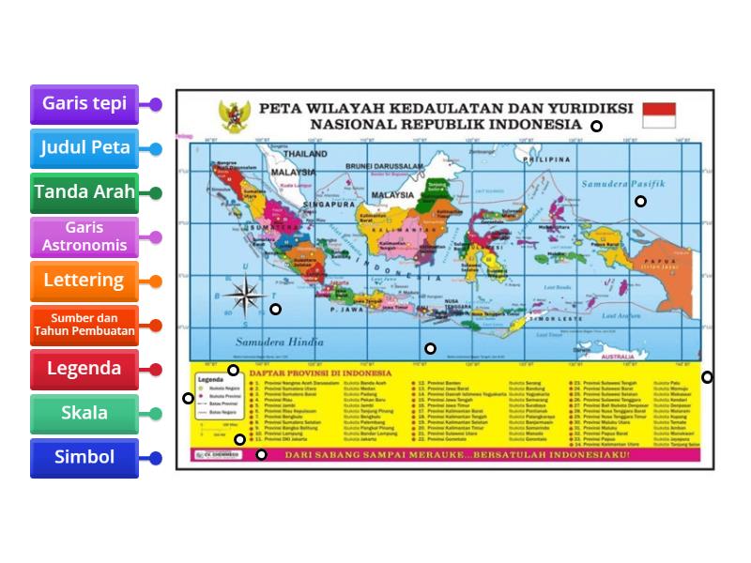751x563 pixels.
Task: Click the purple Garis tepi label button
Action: coord(84,104)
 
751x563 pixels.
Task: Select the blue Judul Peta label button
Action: coord(84,148)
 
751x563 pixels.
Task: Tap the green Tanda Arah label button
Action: coord(84,192)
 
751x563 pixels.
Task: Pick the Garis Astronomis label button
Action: coord(84,236)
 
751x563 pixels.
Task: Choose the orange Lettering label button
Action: coord(84,281)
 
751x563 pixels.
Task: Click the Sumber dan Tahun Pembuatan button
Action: coord(84,325)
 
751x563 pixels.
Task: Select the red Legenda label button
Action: coord(84,369)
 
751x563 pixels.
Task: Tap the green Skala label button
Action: coord(84,413)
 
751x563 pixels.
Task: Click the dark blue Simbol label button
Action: coord(84,457)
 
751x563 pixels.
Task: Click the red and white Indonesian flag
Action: coord(658,114)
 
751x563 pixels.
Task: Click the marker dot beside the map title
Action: coord(596,126)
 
